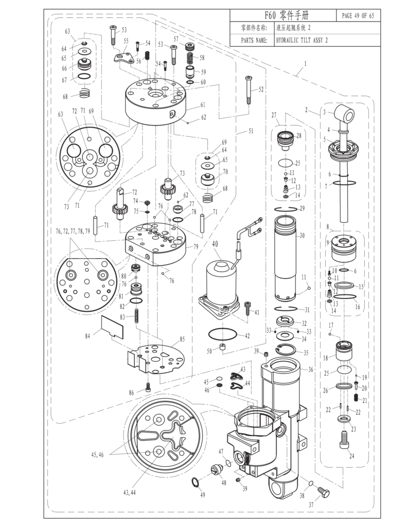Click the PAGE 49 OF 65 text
pos(358,15)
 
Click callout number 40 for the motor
pos(215,244)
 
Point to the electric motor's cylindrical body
pos(218,280)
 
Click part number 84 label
pos(88,336)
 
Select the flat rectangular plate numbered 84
pos(113,325)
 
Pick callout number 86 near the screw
pos(132,392)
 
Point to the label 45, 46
pos(99,454)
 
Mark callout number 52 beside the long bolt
pos(261,89)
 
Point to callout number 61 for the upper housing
pos(203,104)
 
